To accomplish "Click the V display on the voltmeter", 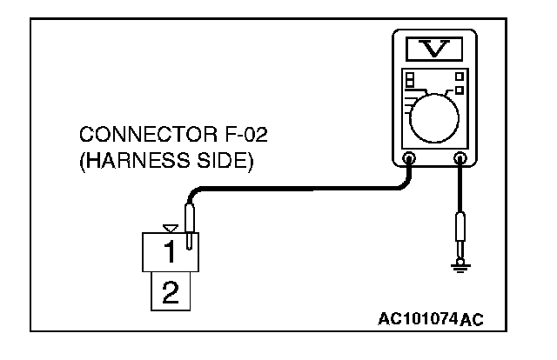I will pos(433,47).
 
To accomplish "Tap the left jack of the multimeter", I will pos(409,159).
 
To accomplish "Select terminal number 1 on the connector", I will pos(171,252).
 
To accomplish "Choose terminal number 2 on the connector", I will pos(171,291).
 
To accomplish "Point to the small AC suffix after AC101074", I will pos(471,319).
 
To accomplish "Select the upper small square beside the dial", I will pos(459,77).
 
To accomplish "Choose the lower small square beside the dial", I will pos(459,90).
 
